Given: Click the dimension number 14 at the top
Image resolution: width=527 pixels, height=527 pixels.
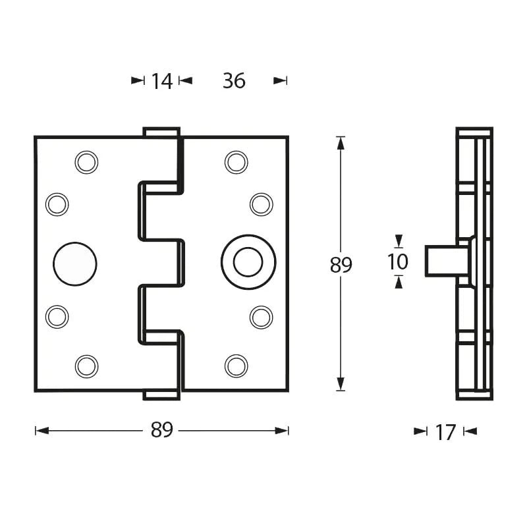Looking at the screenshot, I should (x=161, y=81).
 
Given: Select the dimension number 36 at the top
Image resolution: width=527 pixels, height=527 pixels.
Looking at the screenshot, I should (x=234, y=81).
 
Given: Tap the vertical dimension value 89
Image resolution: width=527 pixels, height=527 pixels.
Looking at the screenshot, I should (x=341, y=265).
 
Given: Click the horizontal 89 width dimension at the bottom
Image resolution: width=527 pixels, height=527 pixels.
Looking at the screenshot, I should (x=161, y=430).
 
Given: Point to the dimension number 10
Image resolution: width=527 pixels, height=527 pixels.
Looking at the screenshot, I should (x=398, y=262).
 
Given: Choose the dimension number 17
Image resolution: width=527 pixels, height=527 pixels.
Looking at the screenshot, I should (x=445, y=432).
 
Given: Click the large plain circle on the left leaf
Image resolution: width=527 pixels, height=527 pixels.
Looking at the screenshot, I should (x=74, y=263).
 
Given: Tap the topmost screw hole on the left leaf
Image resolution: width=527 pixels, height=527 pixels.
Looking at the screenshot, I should (x=86, y=162).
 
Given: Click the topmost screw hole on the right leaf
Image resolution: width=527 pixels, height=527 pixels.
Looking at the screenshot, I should (x=236, y=162).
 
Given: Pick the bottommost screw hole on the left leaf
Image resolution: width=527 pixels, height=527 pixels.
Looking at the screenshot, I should (x=86, y=366).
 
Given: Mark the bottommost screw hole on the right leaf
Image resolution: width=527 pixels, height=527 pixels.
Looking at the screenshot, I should (x=236, y=366).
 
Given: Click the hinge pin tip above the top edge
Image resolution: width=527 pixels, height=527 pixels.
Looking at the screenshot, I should (x=161, y=132).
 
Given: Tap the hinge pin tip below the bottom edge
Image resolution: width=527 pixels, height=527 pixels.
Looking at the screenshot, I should (x=161, y=395).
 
